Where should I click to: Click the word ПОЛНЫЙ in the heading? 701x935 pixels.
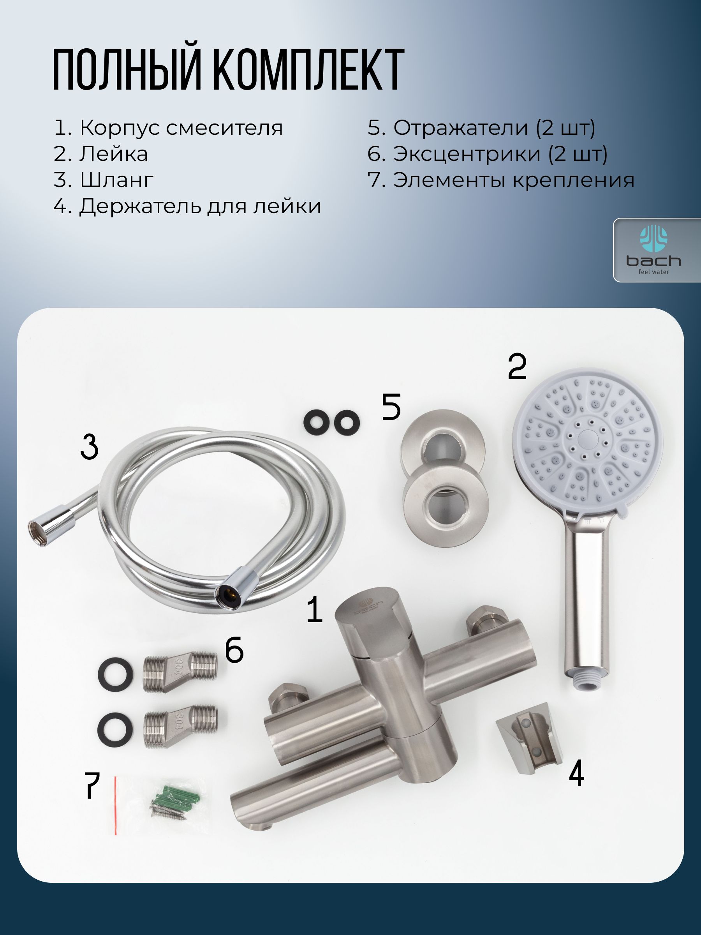[x=126, y=69]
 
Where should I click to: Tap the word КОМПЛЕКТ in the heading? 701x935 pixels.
[x=308, y=69]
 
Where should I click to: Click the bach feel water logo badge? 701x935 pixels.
[x=657, y=250]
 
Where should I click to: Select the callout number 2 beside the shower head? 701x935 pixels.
[x=517, y=367]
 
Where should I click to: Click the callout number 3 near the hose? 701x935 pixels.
[x=89, y=446]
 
